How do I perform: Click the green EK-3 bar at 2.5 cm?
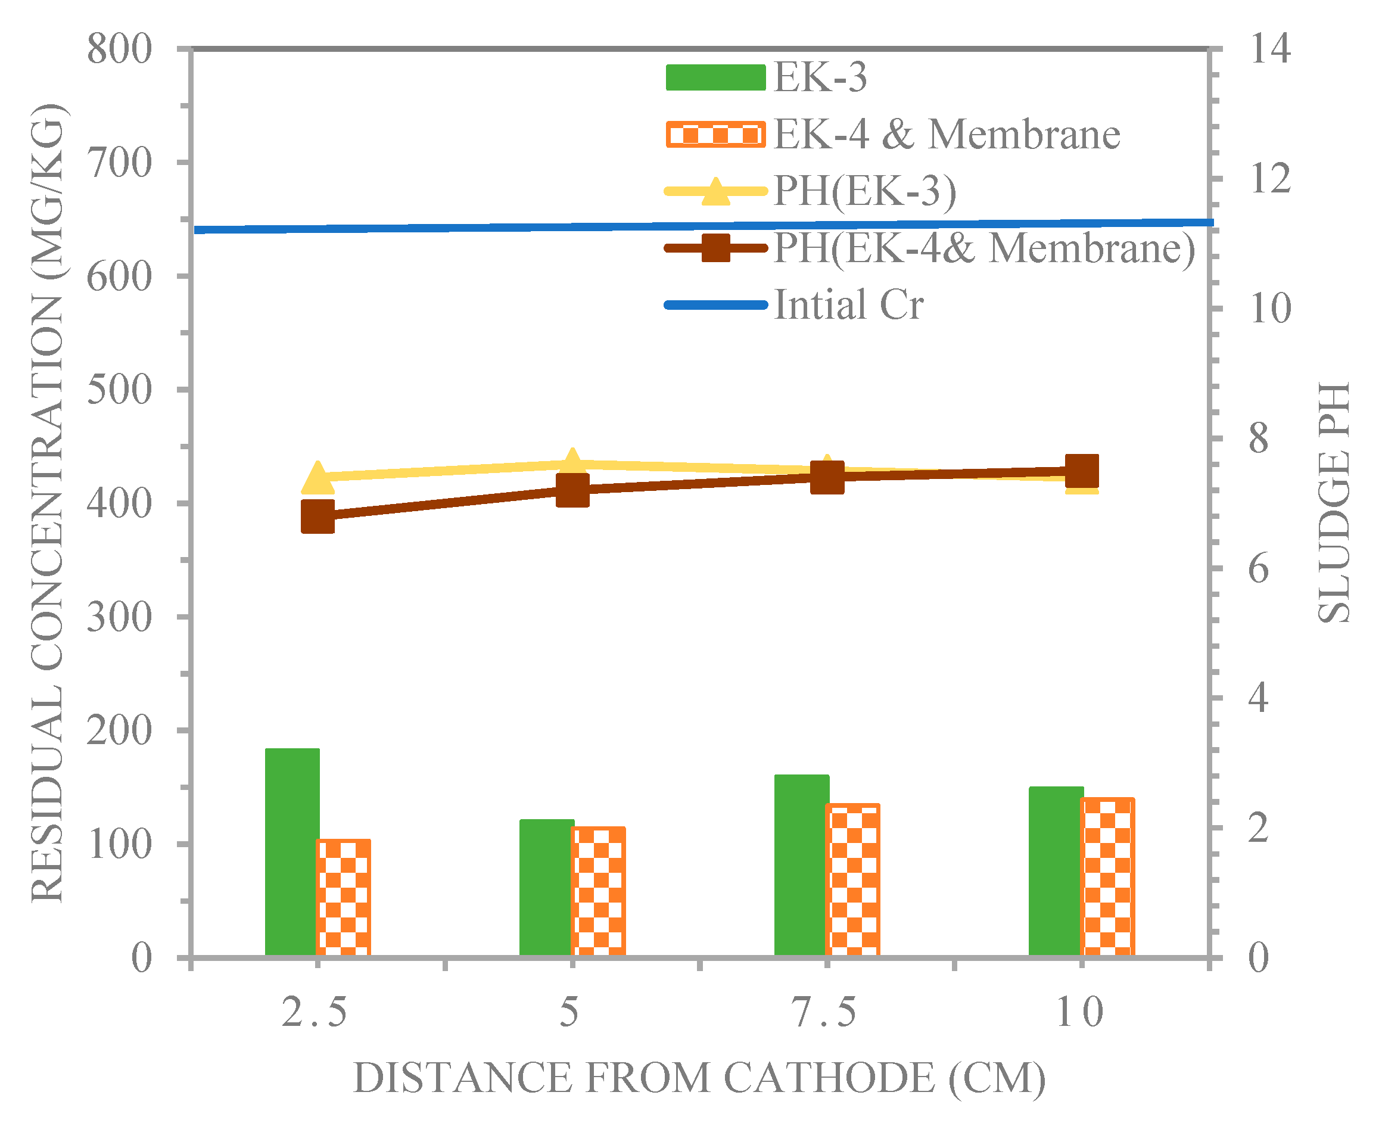tap(292, 852)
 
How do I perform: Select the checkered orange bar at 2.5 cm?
tap(343, 898)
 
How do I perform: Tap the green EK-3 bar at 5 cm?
tap(546, 888)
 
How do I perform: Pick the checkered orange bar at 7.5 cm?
tap(852, 880)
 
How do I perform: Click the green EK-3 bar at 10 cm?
tap(1056, 872)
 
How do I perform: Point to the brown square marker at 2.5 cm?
tap(318, 516)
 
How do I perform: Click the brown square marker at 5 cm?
tap(572, 490)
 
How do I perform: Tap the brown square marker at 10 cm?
tap(1081, 470)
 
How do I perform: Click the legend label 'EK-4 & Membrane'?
tap(947, 135)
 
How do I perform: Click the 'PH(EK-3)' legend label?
tap(864, 191)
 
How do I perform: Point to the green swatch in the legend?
tap(715, 77)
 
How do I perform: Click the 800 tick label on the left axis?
tap(120, 49)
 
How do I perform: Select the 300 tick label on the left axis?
tap(120, 617)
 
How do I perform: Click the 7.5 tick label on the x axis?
tap(825, 1013)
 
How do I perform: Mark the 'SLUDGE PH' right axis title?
tap(1334, 503)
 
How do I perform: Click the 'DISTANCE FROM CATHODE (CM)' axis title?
tap(700, 1078)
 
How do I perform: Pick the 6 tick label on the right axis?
tap(1259, 568)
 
